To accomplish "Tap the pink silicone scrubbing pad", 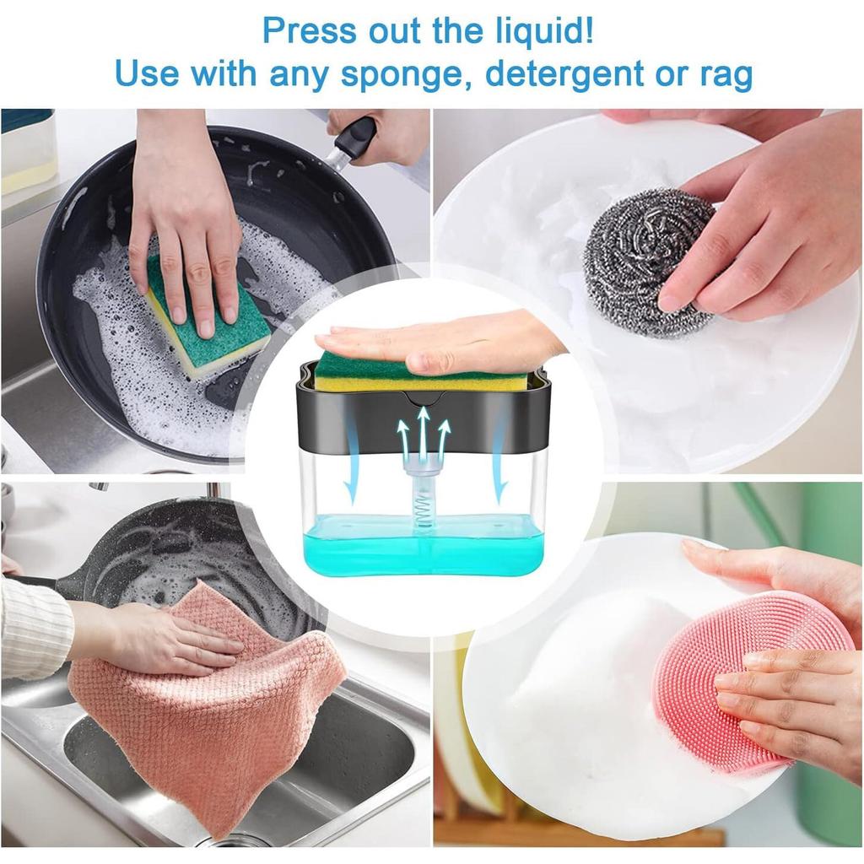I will click(x=742, y=675).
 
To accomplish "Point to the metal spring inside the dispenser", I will click(x=424, y=510).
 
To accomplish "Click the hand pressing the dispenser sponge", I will click(x=447, y=343).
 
